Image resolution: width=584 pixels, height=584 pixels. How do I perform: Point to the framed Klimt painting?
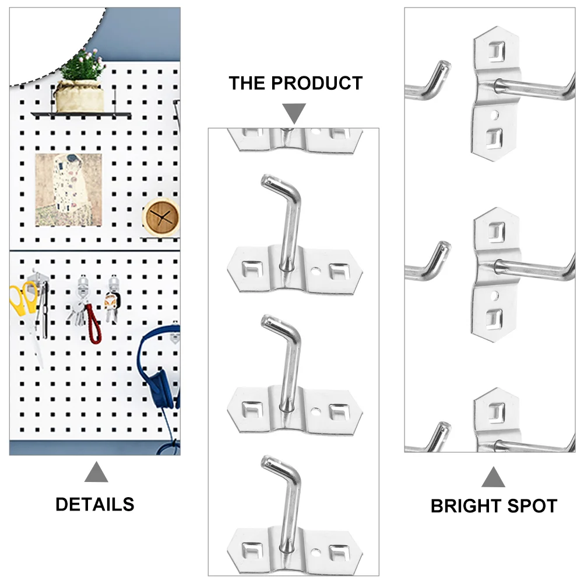coord(69,190)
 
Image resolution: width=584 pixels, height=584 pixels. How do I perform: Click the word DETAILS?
coord(94,505)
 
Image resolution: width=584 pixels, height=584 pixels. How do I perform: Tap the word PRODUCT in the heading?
coord(316,83)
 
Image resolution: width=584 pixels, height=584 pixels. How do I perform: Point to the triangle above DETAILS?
coord(96,472)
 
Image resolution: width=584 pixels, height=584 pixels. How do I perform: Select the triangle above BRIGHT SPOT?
coord(493,477)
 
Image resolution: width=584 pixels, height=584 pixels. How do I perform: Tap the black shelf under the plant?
coord(81,115)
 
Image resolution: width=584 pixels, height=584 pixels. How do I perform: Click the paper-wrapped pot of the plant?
coord(79,96)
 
